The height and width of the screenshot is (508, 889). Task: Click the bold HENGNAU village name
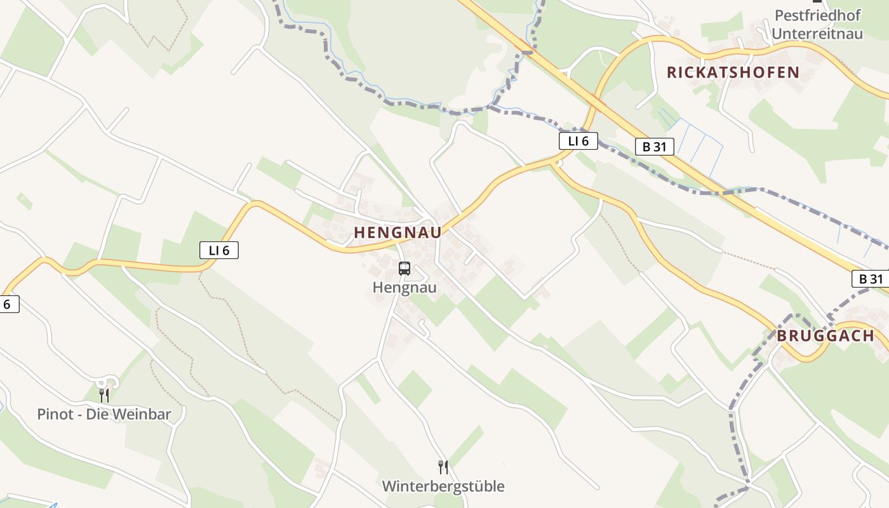click(398, 232)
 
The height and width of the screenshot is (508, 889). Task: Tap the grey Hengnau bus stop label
click(404, 288)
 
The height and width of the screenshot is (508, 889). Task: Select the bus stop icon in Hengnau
click(404, 268)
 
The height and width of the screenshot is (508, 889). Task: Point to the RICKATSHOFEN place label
click(733, 72)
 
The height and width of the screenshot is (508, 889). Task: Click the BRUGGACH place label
click(825, 336)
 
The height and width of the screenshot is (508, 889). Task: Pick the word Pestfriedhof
click(817, 15)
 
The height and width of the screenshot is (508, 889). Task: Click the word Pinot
click(55, 415)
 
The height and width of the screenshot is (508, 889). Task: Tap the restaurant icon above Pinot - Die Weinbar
click(104, 396)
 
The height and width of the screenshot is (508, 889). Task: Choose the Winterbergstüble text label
click(443, 486)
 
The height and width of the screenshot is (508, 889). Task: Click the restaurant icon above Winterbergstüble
click(443, 467)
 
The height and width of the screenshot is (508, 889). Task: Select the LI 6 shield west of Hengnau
click(219, 250)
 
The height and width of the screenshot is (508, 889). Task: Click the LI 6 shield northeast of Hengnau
click(578, 141)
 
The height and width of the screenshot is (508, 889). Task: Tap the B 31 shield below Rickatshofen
click(654, 147)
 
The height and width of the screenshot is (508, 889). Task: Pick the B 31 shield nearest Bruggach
click(871, 279)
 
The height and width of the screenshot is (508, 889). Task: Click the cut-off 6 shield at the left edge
click(8, 304)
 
